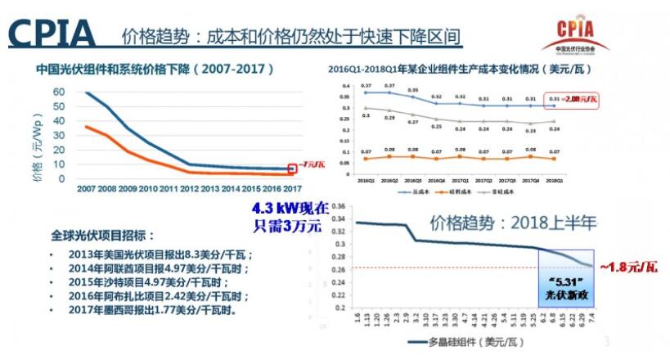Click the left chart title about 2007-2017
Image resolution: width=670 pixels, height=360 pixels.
155,70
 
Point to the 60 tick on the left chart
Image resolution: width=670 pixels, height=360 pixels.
58,92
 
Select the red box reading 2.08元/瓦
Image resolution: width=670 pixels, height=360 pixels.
579,100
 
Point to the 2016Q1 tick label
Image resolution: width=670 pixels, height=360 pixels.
344,179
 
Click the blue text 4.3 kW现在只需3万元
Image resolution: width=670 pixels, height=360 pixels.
291,217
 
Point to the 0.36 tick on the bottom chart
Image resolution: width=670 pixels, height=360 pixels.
338,208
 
